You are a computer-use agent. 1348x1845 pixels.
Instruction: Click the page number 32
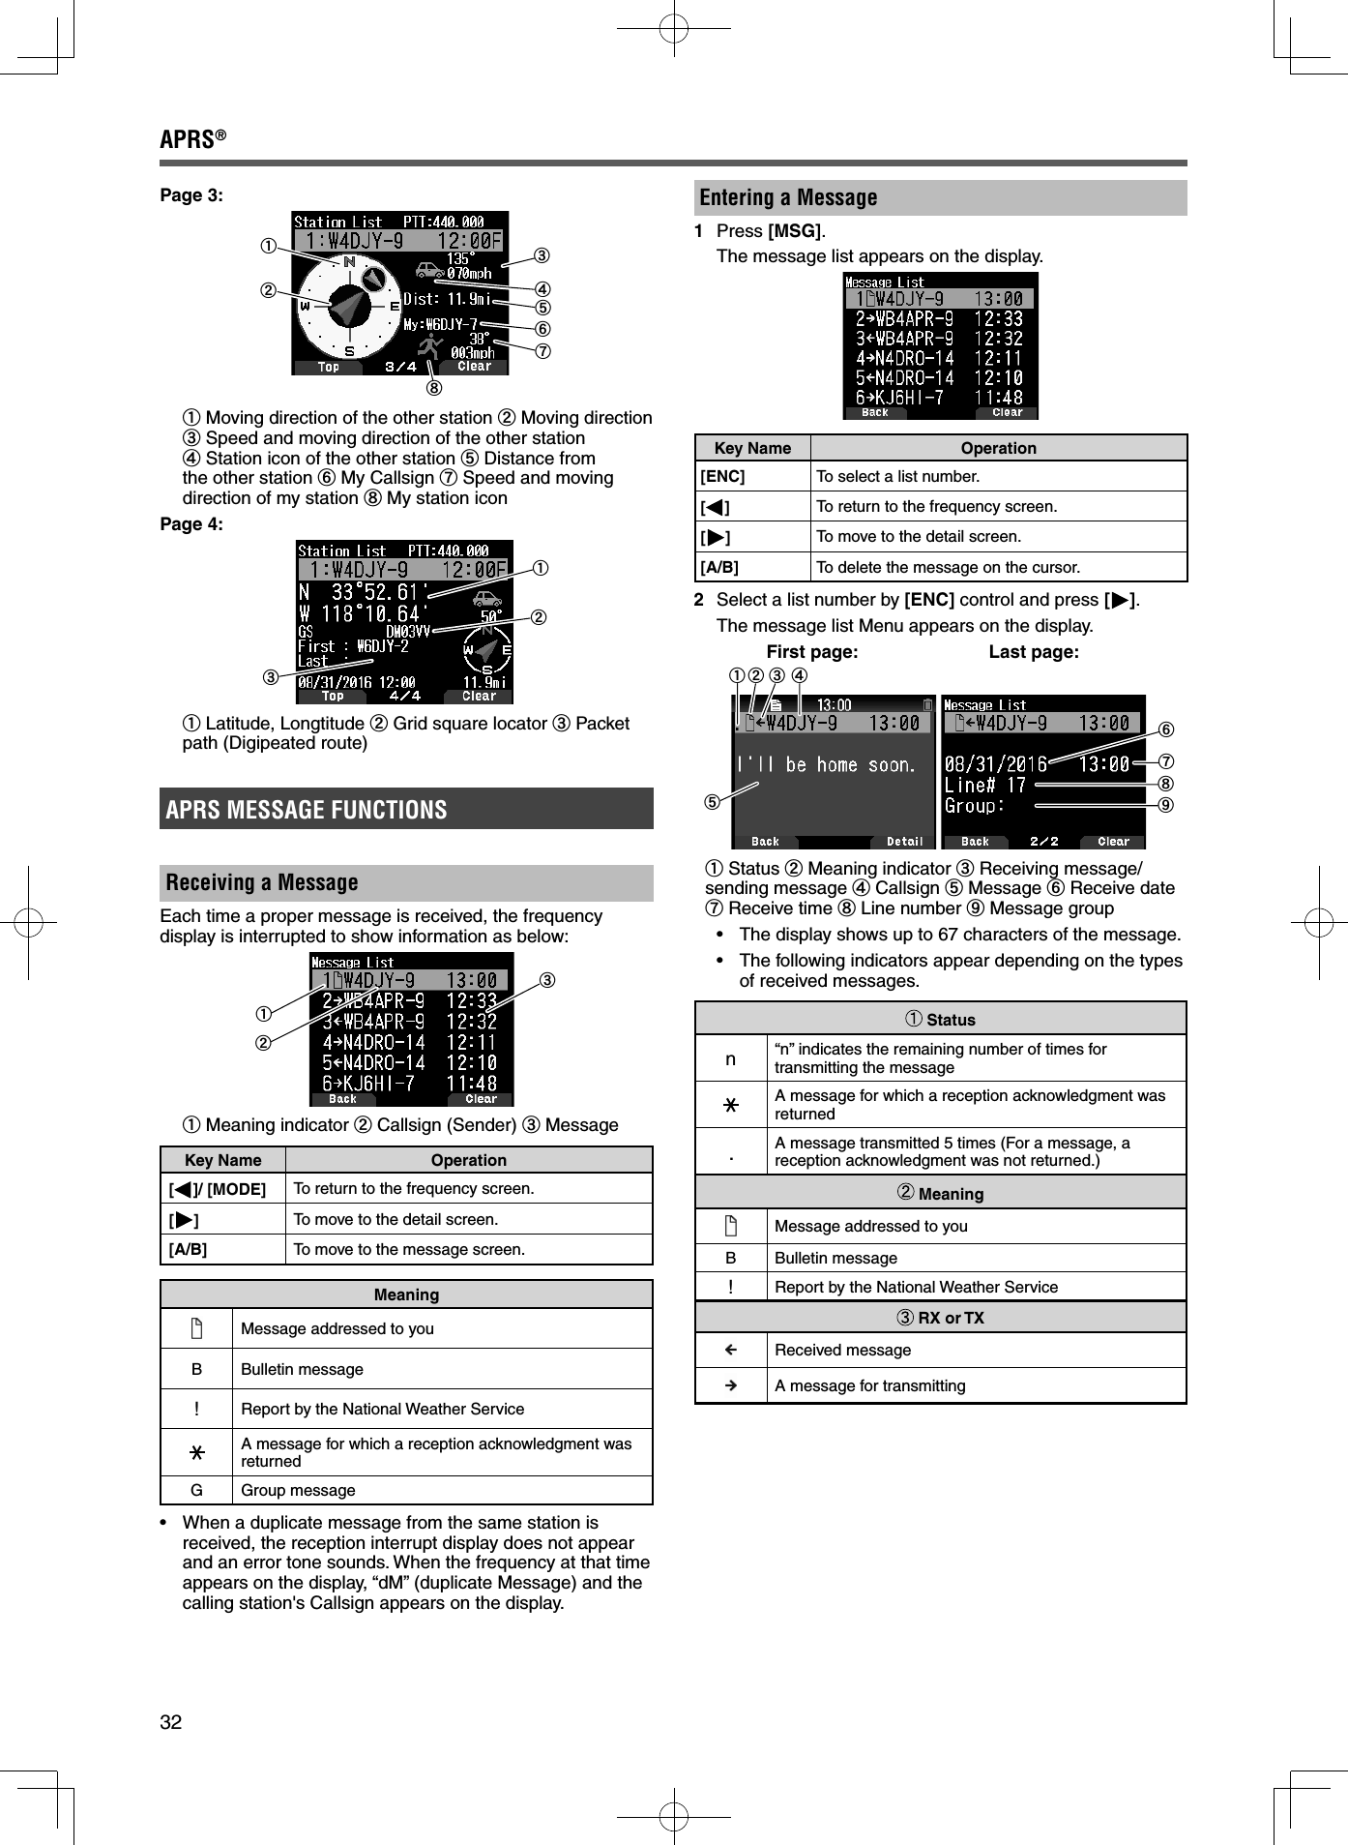(x=171, y=1721)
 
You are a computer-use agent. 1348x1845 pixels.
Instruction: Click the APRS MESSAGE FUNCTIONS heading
(x=307, y=810)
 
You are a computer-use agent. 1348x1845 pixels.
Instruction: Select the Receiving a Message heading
(x=262, y=882)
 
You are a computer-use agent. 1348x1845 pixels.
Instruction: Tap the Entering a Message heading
(x=788, y=198)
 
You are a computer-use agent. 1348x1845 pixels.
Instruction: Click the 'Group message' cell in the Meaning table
(x=298, y=1490)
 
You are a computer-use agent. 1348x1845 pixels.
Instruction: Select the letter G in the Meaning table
(x=196, y=1490)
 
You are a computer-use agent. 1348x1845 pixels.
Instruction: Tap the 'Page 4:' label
(x=191, y=524)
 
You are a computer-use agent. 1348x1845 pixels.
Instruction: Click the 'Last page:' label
(x=1033, y=652)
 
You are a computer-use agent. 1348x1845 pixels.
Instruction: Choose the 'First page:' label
(x=811, y=652)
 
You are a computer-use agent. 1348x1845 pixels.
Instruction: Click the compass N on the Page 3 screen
(x=349, y=262)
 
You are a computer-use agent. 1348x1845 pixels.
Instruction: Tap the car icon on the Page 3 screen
(x=428, y=270)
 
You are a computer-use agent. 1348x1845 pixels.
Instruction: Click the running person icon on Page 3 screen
(x=430, y=346)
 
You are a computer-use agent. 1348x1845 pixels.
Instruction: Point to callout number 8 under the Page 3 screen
(x=434, y=388)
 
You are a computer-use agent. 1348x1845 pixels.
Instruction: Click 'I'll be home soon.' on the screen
(x=825, y=765)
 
